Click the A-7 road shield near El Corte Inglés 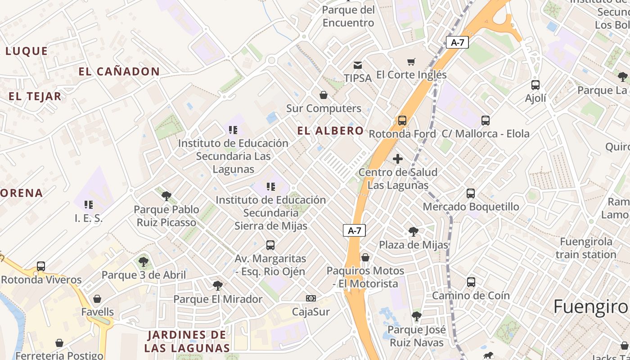[x=457, y=43]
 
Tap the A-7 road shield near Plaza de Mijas [x=355, y=231]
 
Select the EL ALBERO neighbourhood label [x=330, y=131]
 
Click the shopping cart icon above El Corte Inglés [x=411, y=62]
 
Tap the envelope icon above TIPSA [x=358, y=65]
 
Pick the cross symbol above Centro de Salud [x=398, y=159]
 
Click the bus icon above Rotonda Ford [x=402, y=121]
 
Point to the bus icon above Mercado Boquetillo [x=471, y=193]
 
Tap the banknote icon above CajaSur [x=310, y=298]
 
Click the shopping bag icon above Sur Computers [x=324, y=95]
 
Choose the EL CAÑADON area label [x=119, y=72]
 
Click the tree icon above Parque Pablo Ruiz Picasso [x=166, y=196]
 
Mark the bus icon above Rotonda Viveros [x=41, y=266]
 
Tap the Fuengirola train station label [x=586, y=248]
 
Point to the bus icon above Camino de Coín [x=471, y=283]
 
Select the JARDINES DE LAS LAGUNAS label [x=187, y=341]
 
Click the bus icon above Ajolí [x=535, y=85]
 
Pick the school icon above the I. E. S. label [x=89, y=205]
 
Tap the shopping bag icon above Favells [x=97, y=299]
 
